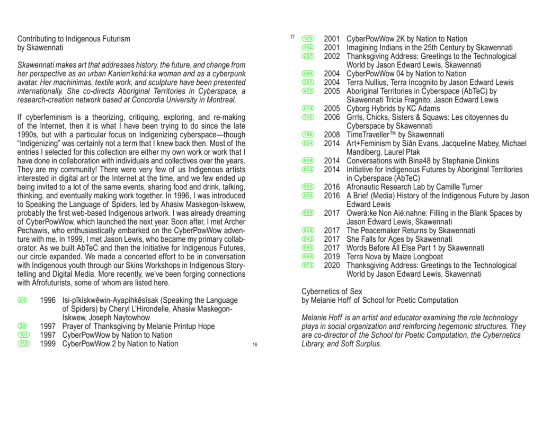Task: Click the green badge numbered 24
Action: point(23,300)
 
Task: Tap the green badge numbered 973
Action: point(308,265)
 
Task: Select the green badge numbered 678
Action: point(308,109)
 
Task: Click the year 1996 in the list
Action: point(48,300)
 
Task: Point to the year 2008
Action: point(332,135)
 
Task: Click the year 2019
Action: point(332,257)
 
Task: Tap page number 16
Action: point(255,345)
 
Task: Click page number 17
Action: point(291,37)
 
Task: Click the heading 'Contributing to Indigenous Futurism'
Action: point(74,39)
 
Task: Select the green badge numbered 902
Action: point(308,187)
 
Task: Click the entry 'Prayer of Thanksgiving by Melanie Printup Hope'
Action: point(138,326)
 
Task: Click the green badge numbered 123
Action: point(308,39)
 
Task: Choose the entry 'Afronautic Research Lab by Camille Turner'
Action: point(414,187)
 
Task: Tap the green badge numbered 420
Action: point(308,91)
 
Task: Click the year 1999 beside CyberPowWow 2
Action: point(48,344)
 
